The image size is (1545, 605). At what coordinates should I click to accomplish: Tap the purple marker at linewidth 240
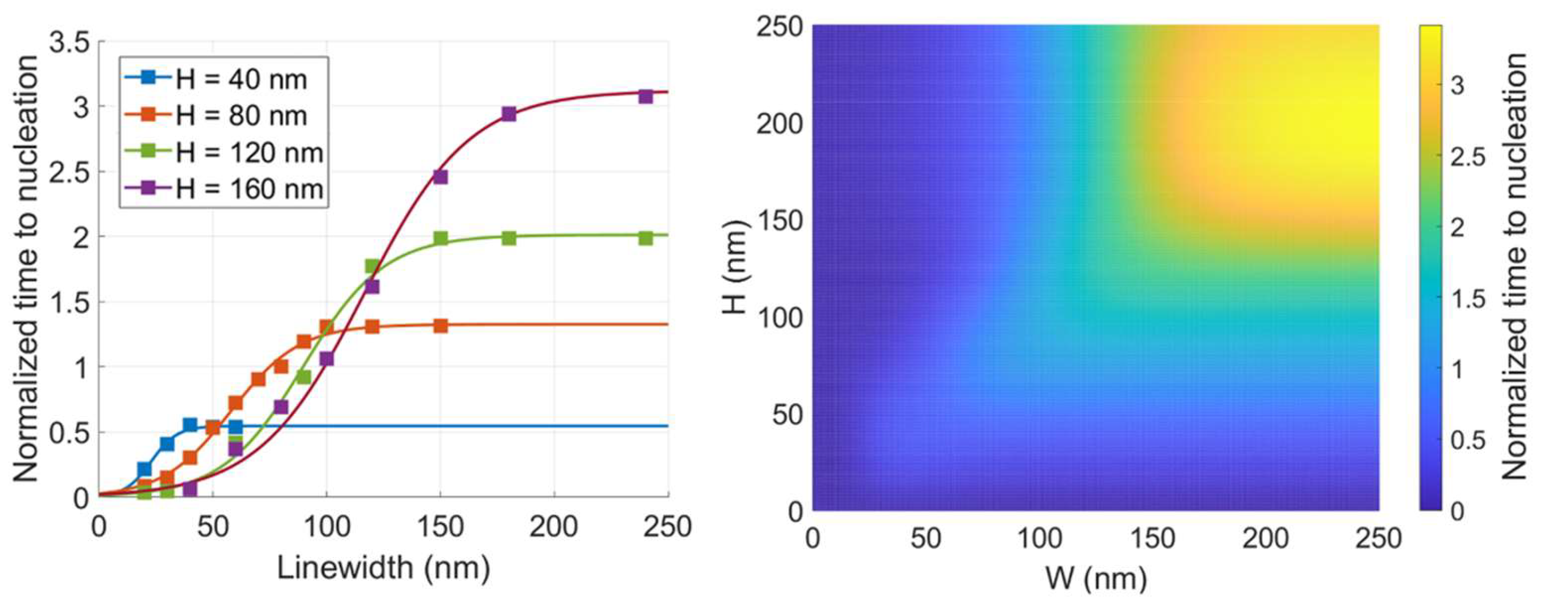(645, 97)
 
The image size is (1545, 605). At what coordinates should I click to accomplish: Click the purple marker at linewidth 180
(509, 114)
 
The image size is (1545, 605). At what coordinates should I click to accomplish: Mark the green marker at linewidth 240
(645, 238)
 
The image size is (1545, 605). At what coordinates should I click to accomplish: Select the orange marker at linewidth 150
(441, 326)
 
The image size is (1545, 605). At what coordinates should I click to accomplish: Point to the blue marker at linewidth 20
(145, 469)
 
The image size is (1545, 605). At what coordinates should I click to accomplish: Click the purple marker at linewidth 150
(441, 177)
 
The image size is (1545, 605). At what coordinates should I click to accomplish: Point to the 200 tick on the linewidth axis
(554, 527)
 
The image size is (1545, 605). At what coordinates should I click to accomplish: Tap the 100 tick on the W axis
(1039, 538)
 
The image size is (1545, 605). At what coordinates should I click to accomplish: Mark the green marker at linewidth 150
(441, 239)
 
